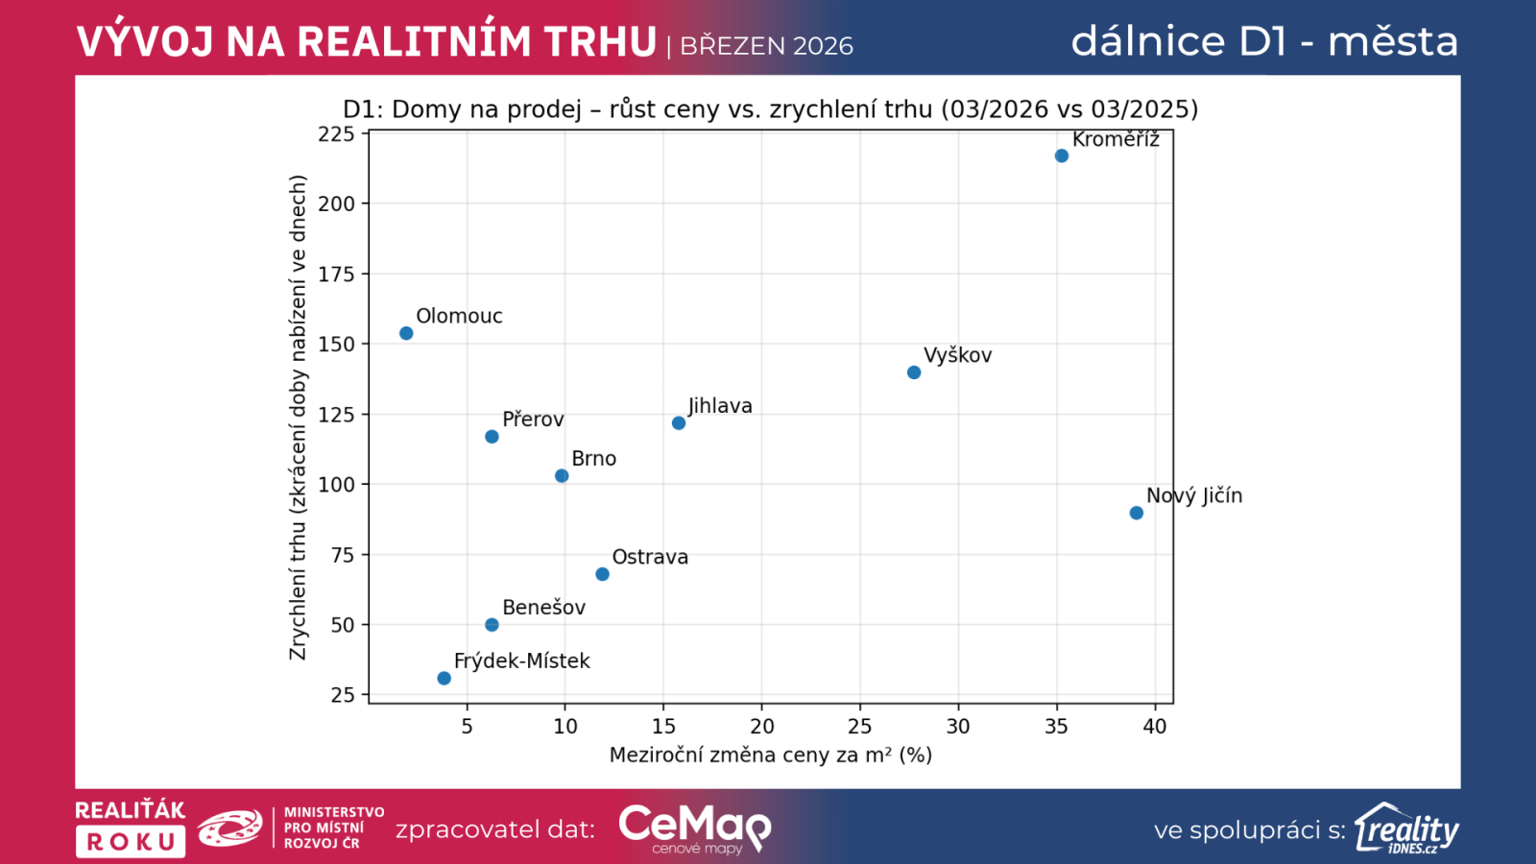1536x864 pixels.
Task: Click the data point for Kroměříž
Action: (1061, 156)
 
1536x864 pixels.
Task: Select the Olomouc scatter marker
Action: (406, 333)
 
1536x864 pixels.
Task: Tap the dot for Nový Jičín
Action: (1136, 513)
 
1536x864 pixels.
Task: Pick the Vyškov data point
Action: (914, 372)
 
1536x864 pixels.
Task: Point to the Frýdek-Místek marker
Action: (444, 678)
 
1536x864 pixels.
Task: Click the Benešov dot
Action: (492, 625)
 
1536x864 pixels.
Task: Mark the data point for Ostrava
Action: (602, 574)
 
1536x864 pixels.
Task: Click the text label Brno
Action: (593, 459)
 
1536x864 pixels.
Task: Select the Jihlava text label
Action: (720, 406)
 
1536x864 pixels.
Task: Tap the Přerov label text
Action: (533, 420)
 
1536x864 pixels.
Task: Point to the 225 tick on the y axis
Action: (336, 134)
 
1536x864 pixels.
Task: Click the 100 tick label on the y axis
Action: (336, 485)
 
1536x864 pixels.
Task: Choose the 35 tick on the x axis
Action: (1056, 727)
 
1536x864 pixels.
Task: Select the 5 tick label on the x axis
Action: (468, 727)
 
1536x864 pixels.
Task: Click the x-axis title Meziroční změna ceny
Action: (770, 756)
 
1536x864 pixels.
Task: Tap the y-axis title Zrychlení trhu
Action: (298, 418)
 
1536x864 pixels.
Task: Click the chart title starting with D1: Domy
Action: (770, 109)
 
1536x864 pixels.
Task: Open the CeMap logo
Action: (693, 828)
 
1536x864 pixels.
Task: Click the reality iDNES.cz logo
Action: (1406, 828)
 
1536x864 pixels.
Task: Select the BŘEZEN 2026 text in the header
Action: (766, 46)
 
